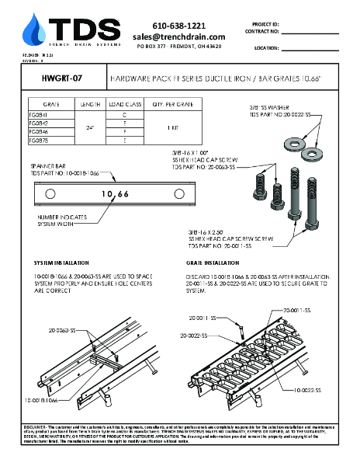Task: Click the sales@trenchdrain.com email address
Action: coord(179,37)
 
